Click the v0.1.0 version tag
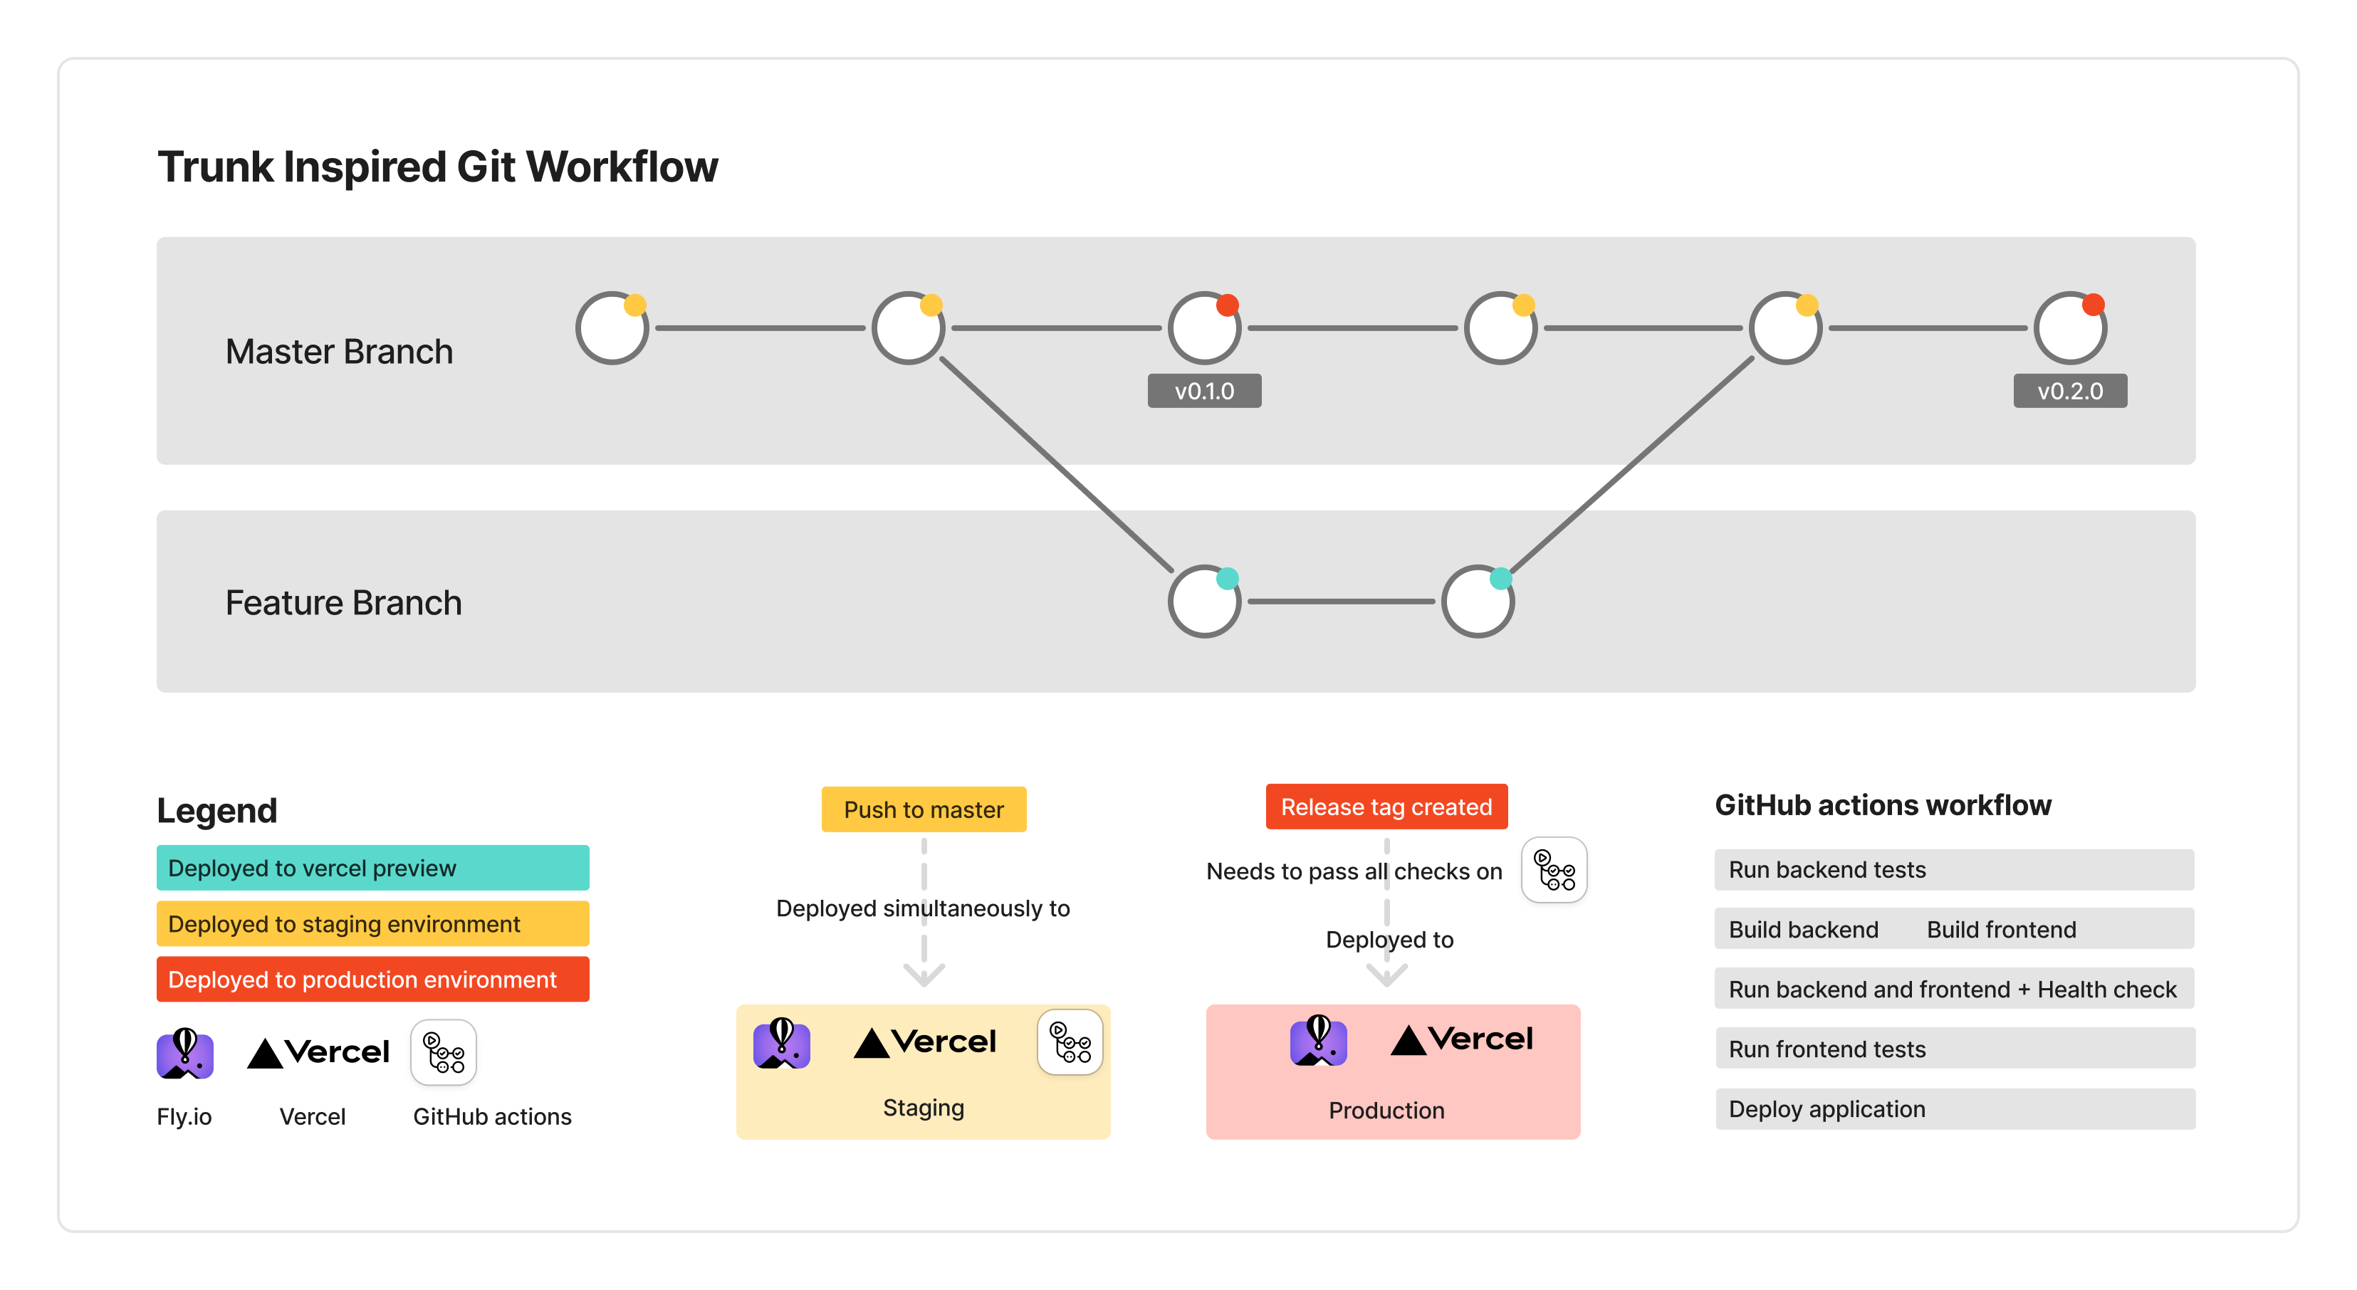click(1204, 391)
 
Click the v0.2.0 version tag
click(2070, 391)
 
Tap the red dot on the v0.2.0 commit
click(2094, 305)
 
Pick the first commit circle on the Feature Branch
click(1204, 601)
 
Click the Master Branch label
click(338, 351)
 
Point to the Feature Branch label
click(343, 603)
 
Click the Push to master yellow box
click(924, 809)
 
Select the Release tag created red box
click(1386, 806)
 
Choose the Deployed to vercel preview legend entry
click(372, 867)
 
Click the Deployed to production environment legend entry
click(372, 979)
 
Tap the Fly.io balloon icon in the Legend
click(185, 1053)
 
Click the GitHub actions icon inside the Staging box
click(1070, 1042)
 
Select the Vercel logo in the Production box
click(1461, 1039)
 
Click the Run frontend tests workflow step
click(1955, 1049)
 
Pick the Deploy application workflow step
click(1955, 1109)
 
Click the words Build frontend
click(2001, 930)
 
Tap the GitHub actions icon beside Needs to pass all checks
click(1554, 870)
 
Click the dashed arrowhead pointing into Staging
click(924, 975)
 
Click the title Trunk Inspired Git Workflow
click(437, 167)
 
